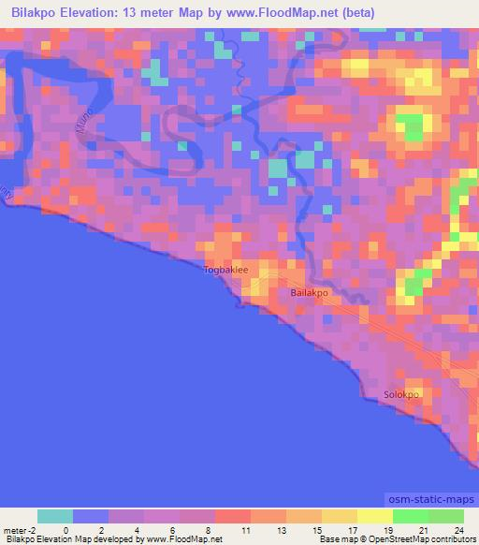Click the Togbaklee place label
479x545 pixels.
point(226,270)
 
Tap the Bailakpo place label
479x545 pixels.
point(310,293)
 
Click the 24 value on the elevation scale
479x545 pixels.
point(458,529)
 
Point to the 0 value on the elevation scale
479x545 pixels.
point(65,529)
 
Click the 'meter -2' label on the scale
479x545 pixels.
point(19,529)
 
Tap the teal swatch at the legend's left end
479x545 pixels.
point(55,516)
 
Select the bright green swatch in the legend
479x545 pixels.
point(410,516)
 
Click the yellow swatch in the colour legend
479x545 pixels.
point(340,516)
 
